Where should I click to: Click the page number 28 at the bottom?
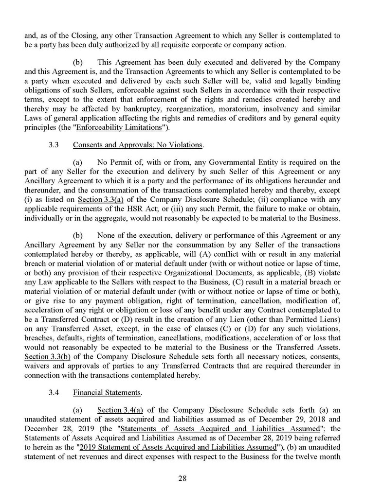click(x=182, y=478)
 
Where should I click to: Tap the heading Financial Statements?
click(x=96, y=392)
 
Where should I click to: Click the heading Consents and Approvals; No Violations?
click(x=137, y=145)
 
